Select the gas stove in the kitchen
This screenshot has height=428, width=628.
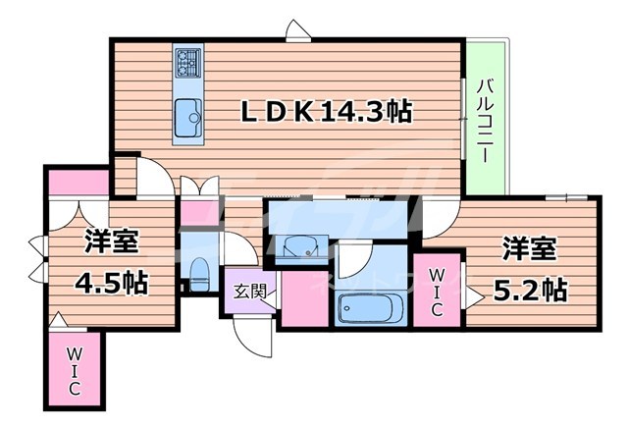(186, 64)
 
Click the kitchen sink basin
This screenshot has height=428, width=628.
(186, 121)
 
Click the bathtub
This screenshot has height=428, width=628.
(370, 311)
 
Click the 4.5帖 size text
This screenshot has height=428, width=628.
(112, 284)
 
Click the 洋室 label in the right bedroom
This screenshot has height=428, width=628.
(531, 248)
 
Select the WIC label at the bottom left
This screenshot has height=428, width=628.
(74, 370)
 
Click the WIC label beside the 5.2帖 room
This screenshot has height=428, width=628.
(436, 291)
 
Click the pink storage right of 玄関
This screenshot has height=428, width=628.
(304, 298)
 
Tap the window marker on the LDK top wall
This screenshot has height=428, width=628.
(293, 35)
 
